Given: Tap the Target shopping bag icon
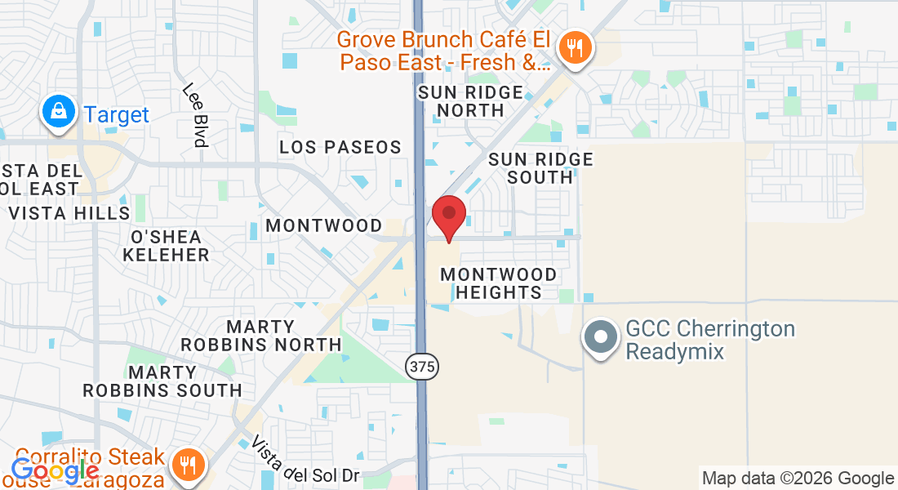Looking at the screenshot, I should coord(59,113).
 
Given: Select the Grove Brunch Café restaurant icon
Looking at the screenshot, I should coord(576,47).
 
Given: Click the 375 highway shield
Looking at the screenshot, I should coord(420,367).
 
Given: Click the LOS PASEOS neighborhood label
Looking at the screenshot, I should coord(340,147).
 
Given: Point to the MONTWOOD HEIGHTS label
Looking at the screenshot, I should coord(498,283).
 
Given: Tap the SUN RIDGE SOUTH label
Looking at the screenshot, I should coord(540,167).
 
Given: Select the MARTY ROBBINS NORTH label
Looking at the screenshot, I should coord(261,336).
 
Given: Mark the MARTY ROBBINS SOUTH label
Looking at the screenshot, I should coord(162,381).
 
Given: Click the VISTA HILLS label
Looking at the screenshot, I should coord(69,213).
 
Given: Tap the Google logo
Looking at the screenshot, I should coord(55,470).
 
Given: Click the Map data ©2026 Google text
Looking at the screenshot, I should coord(798,479).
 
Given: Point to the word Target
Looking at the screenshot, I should coord(117,114).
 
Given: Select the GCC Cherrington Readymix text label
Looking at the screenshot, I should coord(709,340).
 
